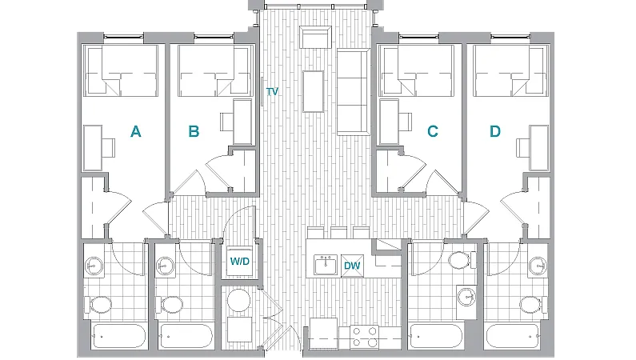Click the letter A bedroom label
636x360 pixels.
tap(136, 131)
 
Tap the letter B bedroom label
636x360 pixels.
tap(194, 131)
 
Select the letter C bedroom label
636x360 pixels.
tap(433, 131)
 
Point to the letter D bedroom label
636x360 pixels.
tap(495, 131)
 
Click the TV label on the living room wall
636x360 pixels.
tap(272, 92)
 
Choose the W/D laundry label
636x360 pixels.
tap(239, 262)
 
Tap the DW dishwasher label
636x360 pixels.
tap(352, 266)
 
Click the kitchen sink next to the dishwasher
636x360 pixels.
tap(325, 265)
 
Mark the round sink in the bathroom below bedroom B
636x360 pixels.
tap(166, 266)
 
